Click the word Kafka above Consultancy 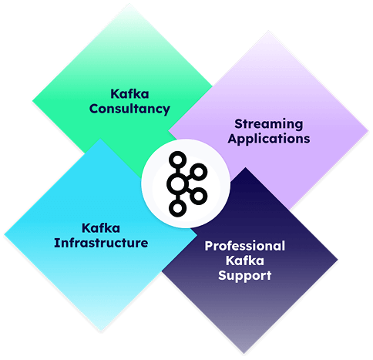(x=129, y=94)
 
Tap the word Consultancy (x=129, y=109)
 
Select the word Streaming (x=269, y=124)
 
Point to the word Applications (x=269, y=139)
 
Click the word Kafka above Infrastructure (x=101, y=228)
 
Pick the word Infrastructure (x=101, y=243)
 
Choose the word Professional (x=245, y=246)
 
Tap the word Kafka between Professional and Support (x=245, y=261)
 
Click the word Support (x=245, y=276)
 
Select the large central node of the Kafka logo (x=177, y=183)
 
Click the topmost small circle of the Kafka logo (x=177, y=160)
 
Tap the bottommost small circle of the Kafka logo (x=177, y=208)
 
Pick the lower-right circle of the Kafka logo (x=198, y=196)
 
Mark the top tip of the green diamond (x=129, y=4)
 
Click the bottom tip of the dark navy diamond (x=244, y=354)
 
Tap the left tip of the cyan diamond (x=5, y=234)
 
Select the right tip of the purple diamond (x=368, y=131)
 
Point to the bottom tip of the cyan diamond (x=100, y=331)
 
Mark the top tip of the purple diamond (x=269, y=31)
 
